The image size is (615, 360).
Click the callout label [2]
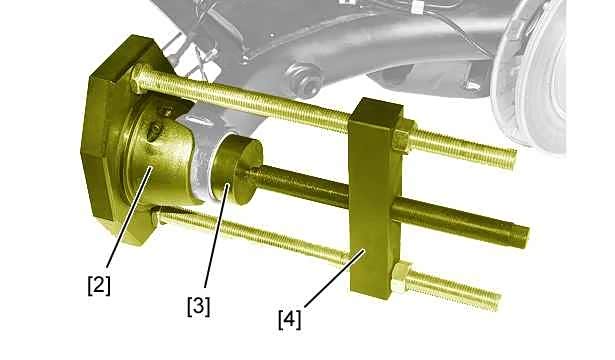coord(99,285)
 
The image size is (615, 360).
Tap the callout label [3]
coord(198,306)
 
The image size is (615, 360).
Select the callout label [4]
coord(290,319)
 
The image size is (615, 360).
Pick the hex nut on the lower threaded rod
coord(401,278)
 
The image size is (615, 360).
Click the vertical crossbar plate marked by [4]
coord(376,198)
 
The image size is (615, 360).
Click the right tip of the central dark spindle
coord(526,236)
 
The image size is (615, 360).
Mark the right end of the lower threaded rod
coord(497,300)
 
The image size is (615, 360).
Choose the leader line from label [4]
coord(335,277)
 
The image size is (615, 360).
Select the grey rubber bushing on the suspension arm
coord(304,78)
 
